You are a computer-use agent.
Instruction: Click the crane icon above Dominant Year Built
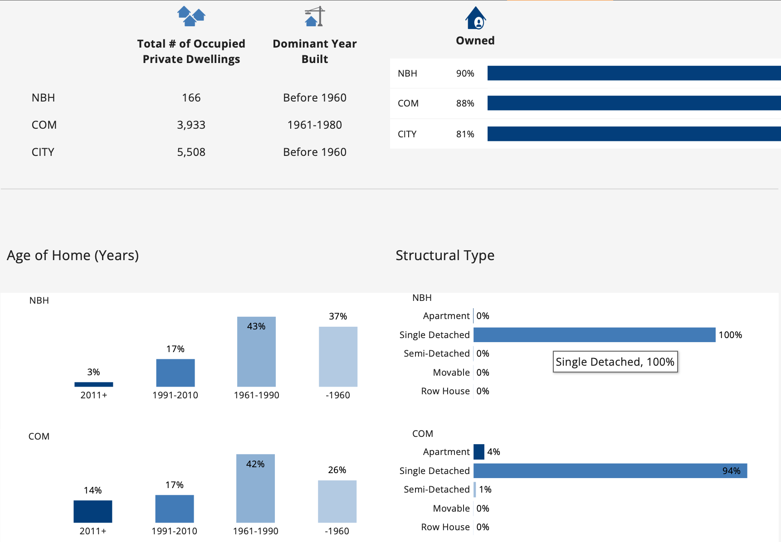click(x=315, y=16)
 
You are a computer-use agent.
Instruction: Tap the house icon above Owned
click(x=475, y=18)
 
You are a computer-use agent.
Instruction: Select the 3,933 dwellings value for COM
click(x=191, y=125)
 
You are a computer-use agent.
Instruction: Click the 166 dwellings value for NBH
click(x=191, y=98)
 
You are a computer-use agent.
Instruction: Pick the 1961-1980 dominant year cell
click(x=314, y=125)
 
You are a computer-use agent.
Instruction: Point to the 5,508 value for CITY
click(x=191, y=152)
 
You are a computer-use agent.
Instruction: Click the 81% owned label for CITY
click(x=465, y=134)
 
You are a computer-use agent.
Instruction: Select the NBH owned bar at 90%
click(x=634, y=73)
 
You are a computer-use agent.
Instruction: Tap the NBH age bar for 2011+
click(x=94, y=384)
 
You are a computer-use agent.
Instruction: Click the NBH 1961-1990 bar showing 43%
click(x=256, y=352)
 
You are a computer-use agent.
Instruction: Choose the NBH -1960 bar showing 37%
click(x=338, y=357)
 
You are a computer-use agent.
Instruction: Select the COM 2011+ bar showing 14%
click(x=93, y=511)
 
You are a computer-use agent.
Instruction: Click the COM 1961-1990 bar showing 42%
click(x=255, y=488)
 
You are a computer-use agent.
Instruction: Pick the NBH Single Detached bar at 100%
click(x=594, y=335)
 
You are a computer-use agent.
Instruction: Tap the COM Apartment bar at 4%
click(x=478, y=452)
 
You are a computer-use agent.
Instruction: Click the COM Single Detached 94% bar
click(x=610, y=471)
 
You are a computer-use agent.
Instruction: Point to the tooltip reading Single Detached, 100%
click(x=615, y=362)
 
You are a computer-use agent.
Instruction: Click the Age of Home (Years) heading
click(x=73, y=256)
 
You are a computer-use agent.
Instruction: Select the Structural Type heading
click(x=445, y=256)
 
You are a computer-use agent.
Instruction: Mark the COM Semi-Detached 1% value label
click(x=485, y=489)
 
